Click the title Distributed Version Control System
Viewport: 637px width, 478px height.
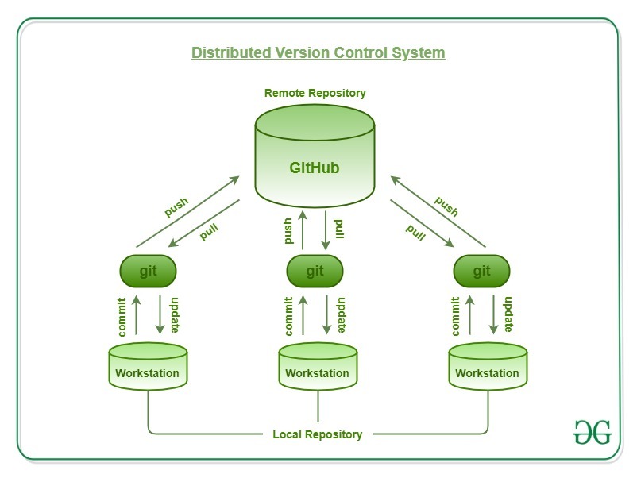[x=318, y=53]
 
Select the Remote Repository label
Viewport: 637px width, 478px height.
[x=315, y=93]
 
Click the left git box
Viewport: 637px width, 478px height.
[x=148, y=271]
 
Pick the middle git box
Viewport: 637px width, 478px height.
[x=315, y=271]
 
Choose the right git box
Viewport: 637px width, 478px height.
[x=481, y=271]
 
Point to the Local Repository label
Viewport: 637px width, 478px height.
[x=317, y=434]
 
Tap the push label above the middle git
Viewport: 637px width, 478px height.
[x=289, y=231]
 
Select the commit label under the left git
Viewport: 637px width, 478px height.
[x=122, y=315]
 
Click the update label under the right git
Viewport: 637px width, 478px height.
[x=508, y=315]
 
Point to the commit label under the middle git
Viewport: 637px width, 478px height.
[x=289, y=315]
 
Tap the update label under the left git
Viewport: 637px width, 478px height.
[x=175, y=315]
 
